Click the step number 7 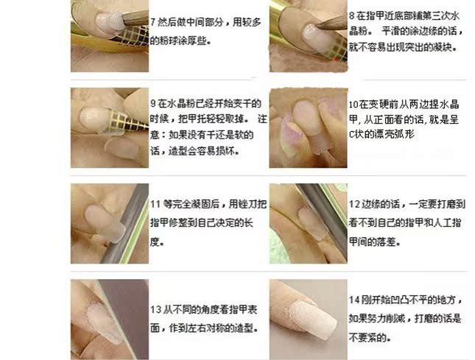point(153,22)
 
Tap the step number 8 point(351,15)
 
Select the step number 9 point(153,104)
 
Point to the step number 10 point(353,105)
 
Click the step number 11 point(155,204)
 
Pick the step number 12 point(354,204)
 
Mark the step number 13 point(155,309)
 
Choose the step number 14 point(354,300)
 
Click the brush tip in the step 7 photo point(124,18)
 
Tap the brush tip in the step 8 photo point(317,27)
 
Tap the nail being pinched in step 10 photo point(306,119)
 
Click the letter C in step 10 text point(351,134)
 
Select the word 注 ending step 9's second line point(262,119)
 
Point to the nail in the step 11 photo point(105,222)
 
